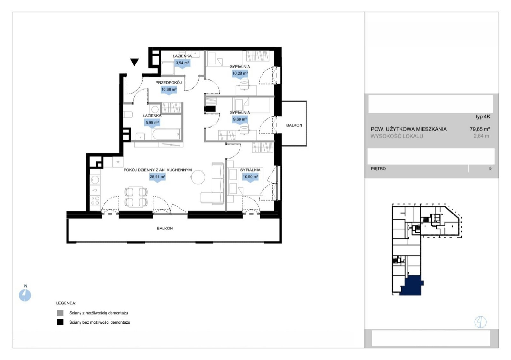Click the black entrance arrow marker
[x=134, y=62]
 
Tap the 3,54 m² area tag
[x=182, y=63]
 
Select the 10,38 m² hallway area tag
[x=169, y=90]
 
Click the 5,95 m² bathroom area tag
[x=152, y=123]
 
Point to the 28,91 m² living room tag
[x=157, y=177]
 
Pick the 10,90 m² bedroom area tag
[x=250, y=177]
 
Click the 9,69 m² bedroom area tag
[x=240, y=120]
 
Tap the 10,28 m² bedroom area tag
[x=240, y=74]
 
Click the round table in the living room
[x=198, y=177]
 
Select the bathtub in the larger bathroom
[x=166, y=134]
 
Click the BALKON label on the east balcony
[x=294, y=125]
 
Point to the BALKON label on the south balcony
[x=165, y=228]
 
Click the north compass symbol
[x=25, y=295]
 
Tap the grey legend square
[x=60, y=313]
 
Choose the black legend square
[x=60, y=322]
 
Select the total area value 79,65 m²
[x=480, y=129]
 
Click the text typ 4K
[x=483, y=117]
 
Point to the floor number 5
[x=490, y=169]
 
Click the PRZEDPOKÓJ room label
[x=169, y=83]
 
